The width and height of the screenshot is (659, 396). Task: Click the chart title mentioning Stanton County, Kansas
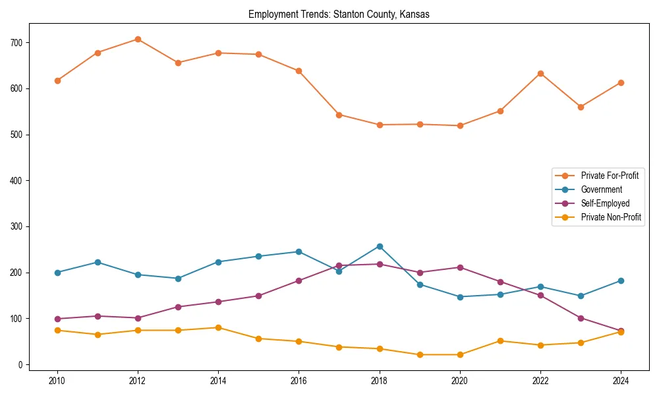pyautogui.click(x=339, y=15)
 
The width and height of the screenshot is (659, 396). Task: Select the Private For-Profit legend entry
pyautogui.click(x=609, y=176)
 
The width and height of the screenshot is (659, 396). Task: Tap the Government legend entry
pyautogui.click(x=601, y=189)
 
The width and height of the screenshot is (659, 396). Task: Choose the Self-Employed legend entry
pyautogui.click(x=605, y=203)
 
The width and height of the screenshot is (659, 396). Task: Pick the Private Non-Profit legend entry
pyautogui.click(x=611, y=217)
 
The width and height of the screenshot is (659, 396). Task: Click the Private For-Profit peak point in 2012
pyautogui.click(x=138, y=39)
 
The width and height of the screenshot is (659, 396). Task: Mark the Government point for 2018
pyautogui.click(x=380, y=246)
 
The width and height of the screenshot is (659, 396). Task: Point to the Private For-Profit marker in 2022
pyautogui.click(x=540, y=73)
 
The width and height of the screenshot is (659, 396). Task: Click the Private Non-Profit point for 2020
pyautogui.click(x=460, y=354)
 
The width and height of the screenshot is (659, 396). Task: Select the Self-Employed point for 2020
pyautogui.click(x=460, y=267)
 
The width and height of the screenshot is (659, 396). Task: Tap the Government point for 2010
pyautogui.click(x=57, y=273)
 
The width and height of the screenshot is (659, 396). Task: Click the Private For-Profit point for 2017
pyautogui.click(x=339, y=114)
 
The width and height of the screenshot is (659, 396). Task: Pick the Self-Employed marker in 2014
pyautogui.click(x=218, y=302)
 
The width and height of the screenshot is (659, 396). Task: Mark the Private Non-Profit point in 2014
pyautogui.click(x=218, y=327)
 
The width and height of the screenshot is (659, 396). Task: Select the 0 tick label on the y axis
pyautogui.click(x=22, y=364)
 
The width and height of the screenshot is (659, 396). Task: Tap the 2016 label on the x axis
pyautogui.click(x=299, y=380)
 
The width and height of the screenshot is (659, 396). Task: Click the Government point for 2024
pyautogui.click(x=621, y=280)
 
